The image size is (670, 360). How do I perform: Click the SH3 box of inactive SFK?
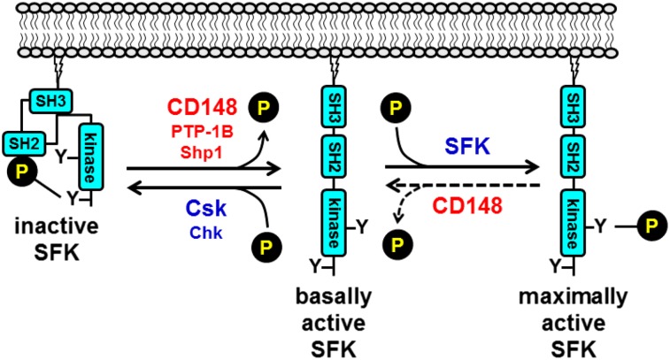52,97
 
